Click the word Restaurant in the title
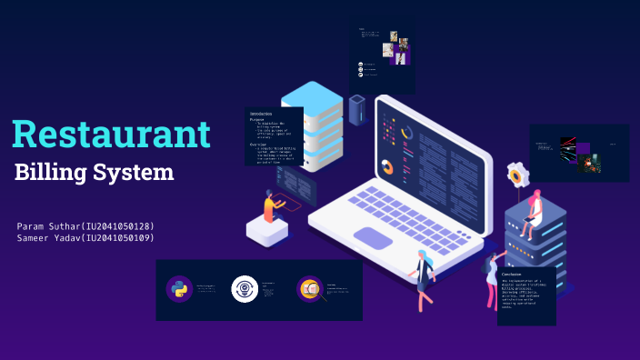pyautogui.click(x=111, y=134)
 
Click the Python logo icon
pyautogui.click(x=179, y=289)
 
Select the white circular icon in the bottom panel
pyautogui.click(x=245, y=289)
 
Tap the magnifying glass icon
pyautogui.click(x=310, y=289)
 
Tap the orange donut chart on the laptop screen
pyautogui.click(x=388, y=167)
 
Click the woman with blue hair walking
pyautogui.click(x=423, y=277)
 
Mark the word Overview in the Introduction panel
pyautogui.click(x=258, y=144)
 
